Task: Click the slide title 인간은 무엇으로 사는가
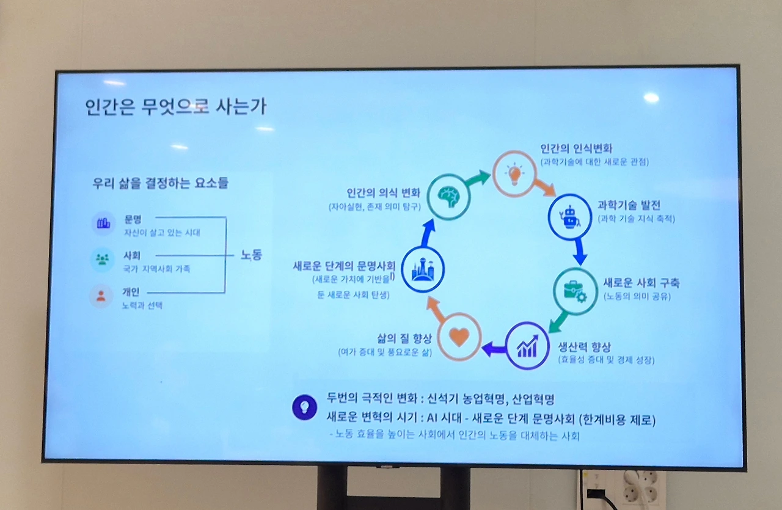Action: point(176,106)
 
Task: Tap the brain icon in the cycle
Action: point(448,196)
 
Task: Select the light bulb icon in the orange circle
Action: point(514,174)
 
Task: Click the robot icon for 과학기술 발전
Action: point(569,215)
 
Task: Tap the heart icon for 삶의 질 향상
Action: point(459,337)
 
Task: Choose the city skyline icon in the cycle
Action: point(423,269)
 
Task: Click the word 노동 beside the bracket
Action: point(251,255)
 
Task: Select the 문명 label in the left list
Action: point(133,219)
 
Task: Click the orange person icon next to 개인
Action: point(101,297)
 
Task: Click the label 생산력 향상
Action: point(585,346)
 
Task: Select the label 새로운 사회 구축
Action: point(641,283)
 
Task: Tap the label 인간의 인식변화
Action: point(576,148)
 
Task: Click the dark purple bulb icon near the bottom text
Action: point(304,407)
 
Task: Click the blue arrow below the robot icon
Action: point(579,251)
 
